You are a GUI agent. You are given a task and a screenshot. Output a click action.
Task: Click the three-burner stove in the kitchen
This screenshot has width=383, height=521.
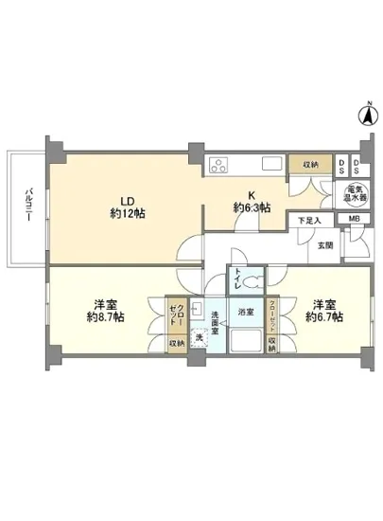coord(221,165)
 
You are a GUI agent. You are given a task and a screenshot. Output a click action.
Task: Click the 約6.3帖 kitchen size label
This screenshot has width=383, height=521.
coord(252,207)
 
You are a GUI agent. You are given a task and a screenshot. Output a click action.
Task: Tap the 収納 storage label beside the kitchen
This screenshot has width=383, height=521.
coord(310,165)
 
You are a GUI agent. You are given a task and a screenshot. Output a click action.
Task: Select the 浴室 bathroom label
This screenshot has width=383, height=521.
coord(247,312)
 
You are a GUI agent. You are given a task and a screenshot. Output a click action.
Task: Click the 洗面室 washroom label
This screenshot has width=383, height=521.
coord(216,318)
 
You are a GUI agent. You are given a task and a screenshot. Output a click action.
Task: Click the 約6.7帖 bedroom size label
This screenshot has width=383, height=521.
coord(322,317)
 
